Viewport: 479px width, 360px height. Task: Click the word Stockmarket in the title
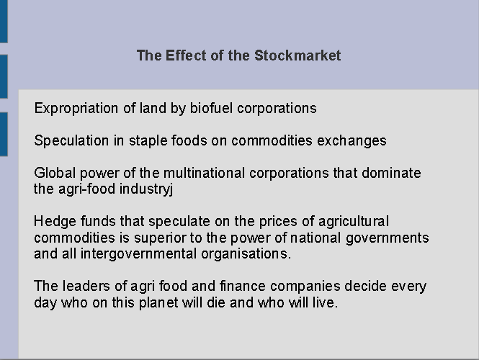coord(297,55)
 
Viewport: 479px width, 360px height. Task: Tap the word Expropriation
coord(76,109)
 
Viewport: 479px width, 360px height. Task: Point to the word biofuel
coord(211,109)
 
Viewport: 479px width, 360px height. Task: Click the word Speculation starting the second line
coord(71,141)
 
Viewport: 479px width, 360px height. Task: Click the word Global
coord(55,173)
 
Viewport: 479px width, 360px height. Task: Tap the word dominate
coord(391,173)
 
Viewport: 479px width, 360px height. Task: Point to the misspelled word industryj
coord(146,189)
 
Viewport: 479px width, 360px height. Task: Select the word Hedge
coord(55,221)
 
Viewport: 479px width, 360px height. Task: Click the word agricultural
coord(354,221)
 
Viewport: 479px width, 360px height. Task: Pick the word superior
coord(160,238)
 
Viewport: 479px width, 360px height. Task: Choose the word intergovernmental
coord(138,254)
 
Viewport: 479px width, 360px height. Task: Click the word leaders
coord(86,286)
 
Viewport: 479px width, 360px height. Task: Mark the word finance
coord(243,286)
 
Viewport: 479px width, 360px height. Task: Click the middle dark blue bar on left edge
coord(4,76)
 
